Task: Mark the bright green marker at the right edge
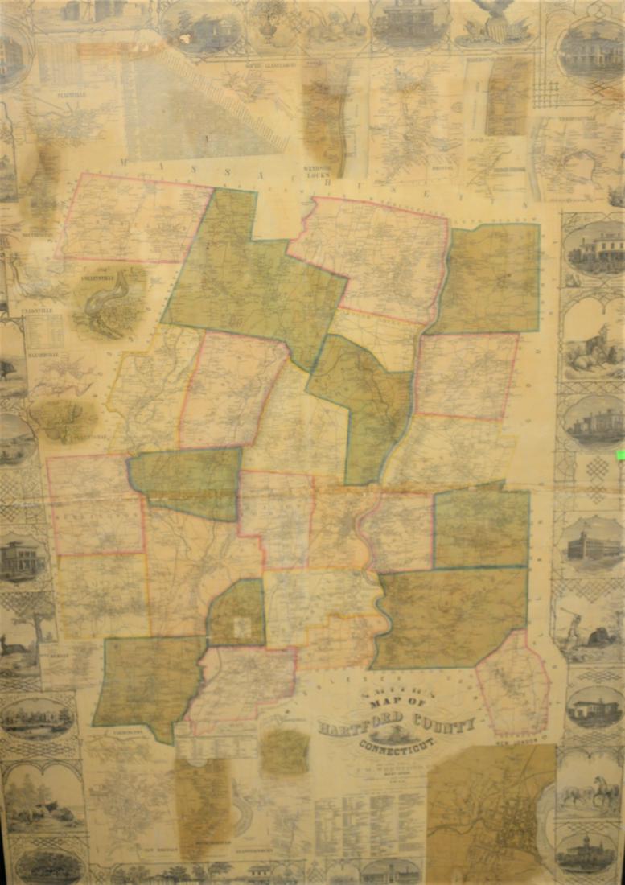click(620, 455)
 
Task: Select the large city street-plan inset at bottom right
click(491, 813)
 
